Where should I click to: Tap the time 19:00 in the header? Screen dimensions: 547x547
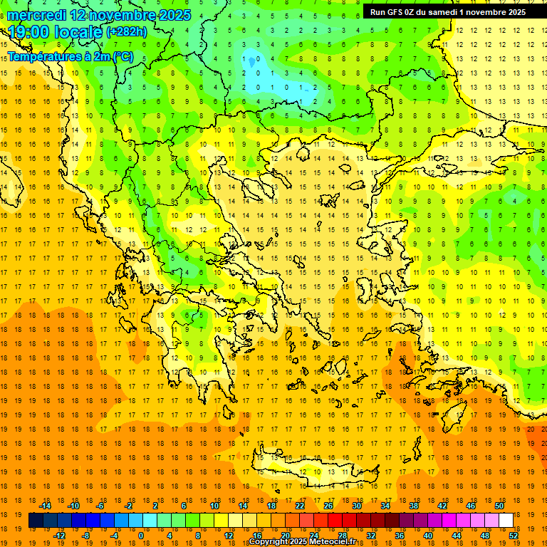28,31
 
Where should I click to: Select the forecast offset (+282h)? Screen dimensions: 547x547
127,32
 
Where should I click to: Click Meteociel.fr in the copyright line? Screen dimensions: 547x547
333,542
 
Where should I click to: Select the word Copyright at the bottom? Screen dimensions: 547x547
269,542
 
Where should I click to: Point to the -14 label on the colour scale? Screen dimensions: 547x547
45,506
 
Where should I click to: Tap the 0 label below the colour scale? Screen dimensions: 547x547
140,536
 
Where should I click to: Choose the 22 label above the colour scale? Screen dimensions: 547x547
300,506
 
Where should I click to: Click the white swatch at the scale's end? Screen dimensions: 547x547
506,521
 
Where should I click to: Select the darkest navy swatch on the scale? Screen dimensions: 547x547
36,521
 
